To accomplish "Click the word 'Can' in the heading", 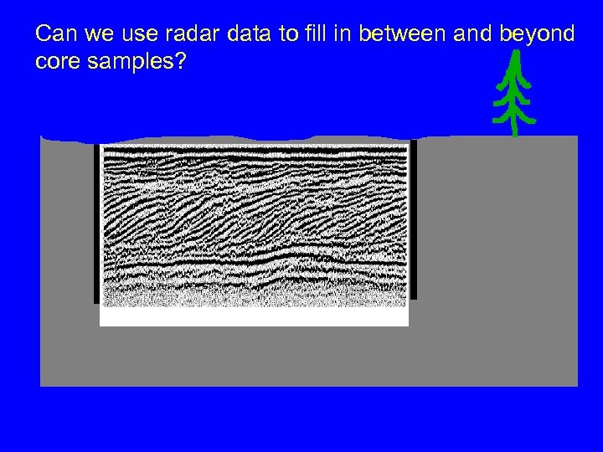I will pyautogui.click(x=56, y=34).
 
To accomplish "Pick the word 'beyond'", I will pyautogui.click(x=536, y=34).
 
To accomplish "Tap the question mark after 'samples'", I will pyautogui.click(x=181, y=63).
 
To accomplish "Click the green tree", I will pyautogui.click(x=513, y=96).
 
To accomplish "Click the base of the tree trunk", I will pyautogui.click(x=513, y=131).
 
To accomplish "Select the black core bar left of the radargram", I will pyautogui.click(x=96, y=223).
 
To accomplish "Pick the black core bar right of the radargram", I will pyautogui.click(x=413, y=219).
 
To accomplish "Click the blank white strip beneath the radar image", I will pyautogui.click(x=254, y=316).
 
